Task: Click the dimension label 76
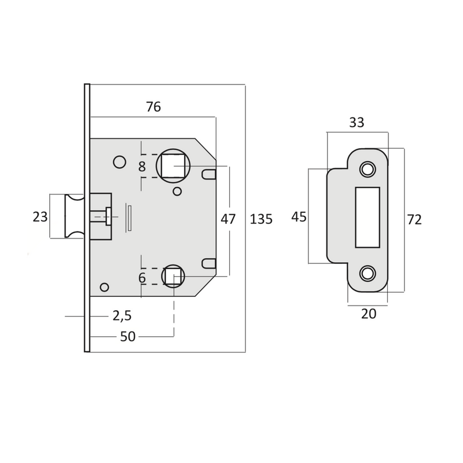(x=153, y=107)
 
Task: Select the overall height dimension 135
(x=261, y=219)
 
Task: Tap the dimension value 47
(x=229, y=219)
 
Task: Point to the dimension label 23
(x=40, y=217)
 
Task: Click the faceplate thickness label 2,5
(x=122, y=315)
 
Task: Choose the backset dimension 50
(x=127, y=336)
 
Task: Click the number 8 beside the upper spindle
(x=142, y=167)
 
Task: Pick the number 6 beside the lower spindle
(x=142, y=278)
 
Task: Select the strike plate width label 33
(x=357, y=122)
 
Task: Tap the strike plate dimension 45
(x=299, y=217)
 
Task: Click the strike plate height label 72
(x=414, y=220)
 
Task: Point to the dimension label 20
(x=368, y=314)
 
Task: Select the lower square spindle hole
(x=173, y=277)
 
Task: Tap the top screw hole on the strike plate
(x=367, y=169)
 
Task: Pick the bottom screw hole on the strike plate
(x=367, y=272)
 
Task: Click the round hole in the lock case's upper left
(x=120, y=162)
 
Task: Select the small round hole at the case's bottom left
(x=105, y=288)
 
